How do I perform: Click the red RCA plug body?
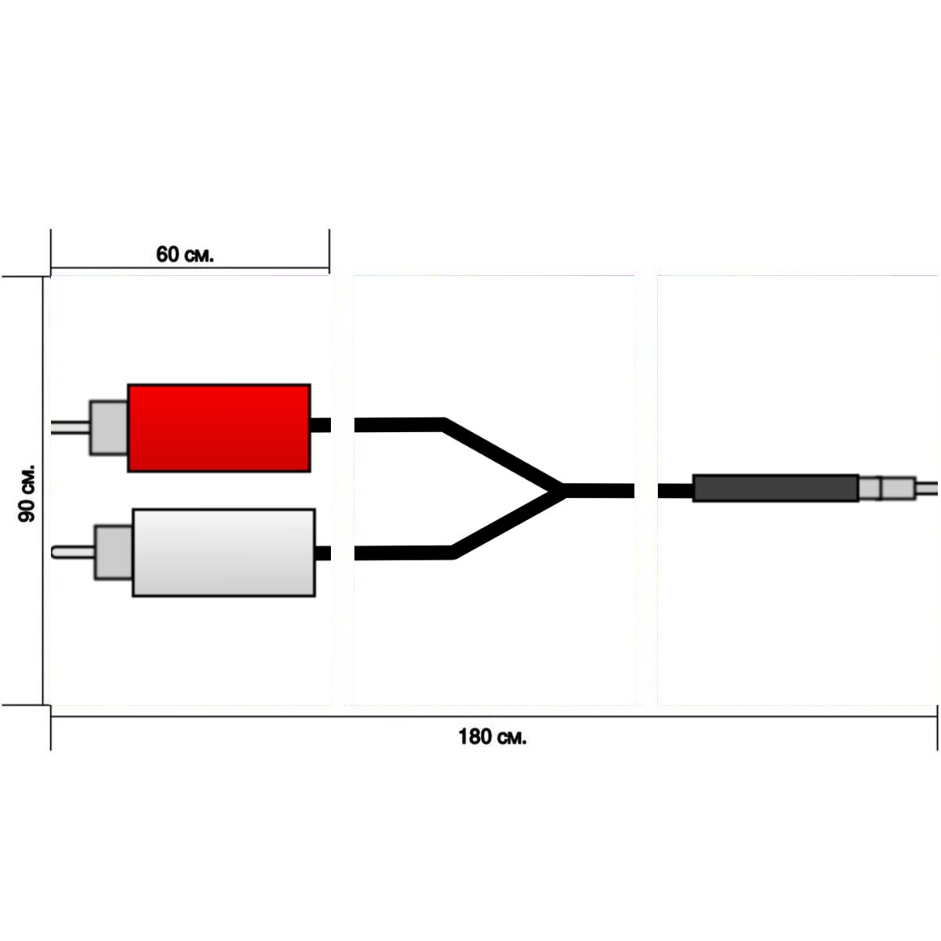point(219,428)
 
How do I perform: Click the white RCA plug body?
point(223,553)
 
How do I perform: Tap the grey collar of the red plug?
point(108,428)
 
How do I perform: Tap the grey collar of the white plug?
point(113,552)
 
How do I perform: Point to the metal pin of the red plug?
point(71,428)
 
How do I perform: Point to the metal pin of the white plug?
point(73,552)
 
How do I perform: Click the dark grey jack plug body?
point(776,488)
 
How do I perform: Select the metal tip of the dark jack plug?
point(927,489)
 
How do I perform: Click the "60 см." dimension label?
point(185,254)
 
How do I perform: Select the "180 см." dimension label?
point(492,736)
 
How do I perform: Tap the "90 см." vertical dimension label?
point(27,493)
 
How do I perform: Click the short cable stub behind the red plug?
point(321,425)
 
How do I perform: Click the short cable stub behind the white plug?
point(323,554)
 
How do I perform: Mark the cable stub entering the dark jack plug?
point(675,491)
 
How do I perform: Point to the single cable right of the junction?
point(599,491)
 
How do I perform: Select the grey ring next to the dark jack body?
point(869,489)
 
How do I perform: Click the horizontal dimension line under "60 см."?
point(190,267)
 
